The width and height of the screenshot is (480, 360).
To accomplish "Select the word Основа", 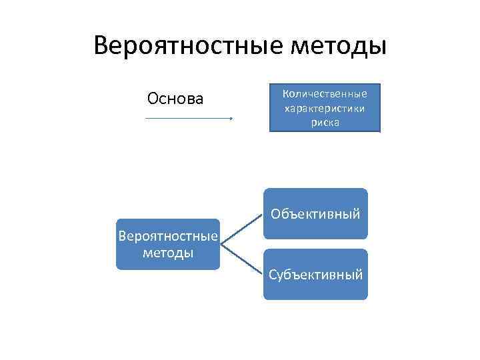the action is coord(175,99).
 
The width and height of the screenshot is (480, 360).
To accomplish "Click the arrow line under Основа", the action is coord(187,119).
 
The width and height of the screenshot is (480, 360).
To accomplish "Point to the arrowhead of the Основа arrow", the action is coord(230,119).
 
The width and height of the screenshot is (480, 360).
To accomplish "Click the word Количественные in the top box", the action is coord(325,94).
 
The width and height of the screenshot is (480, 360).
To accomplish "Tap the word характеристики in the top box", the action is coord(325,108).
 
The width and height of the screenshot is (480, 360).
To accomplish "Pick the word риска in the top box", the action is coord(325,123).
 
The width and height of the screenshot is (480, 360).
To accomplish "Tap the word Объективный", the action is coord(315,215).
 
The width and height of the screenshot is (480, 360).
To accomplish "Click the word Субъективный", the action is coord(315,274).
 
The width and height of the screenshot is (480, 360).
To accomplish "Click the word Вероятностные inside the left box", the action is coord(167,237).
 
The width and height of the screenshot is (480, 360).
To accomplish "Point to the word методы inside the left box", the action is coord(167,253).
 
